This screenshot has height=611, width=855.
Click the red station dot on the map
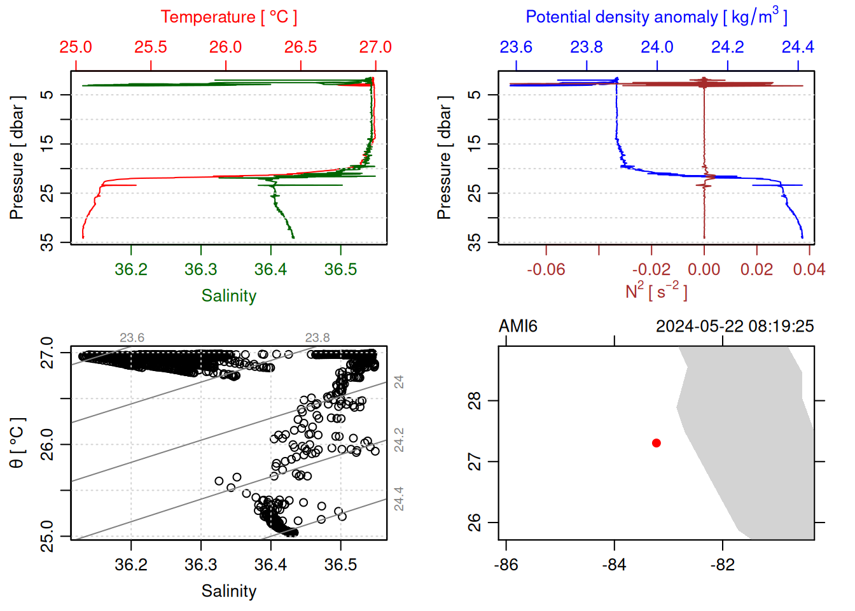point(656,443)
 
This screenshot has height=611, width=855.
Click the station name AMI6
point(518,327)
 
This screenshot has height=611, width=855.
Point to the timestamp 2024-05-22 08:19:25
point(734,327)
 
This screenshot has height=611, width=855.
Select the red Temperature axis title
point(228,17)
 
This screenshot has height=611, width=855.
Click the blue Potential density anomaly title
point(656,17)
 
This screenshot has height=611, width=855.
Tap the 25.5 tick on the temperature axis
point(151,47)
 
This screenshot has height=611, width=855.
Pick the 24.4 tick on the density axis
point(798,47)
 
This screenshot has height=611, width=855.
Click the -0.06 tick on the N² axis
point(546,269)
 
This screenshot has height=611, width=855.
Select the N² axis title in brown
point(656,291)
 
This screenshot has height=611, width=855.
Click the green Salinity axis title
point(228,296)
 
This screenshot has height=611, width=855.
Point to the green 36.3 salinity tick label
point(201,269)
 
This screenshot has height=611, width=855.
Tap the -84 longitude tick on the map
point(614,565)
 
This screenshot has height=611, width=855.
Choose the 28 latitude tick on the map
point(475,401)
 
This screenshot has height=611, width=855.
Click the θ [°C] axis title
point(17,443)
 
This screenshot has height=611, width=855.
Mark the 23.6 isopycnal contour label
point(132,338)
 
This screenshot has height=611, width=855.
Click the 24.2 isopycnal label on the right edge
point(399,440)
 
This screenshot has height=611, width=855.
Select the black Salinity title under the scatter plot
point(228,591)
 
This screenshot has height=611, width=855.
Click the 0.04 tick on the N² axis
point(809,269)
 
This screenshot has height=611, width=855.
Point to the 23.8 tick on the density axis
point(586,47)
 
